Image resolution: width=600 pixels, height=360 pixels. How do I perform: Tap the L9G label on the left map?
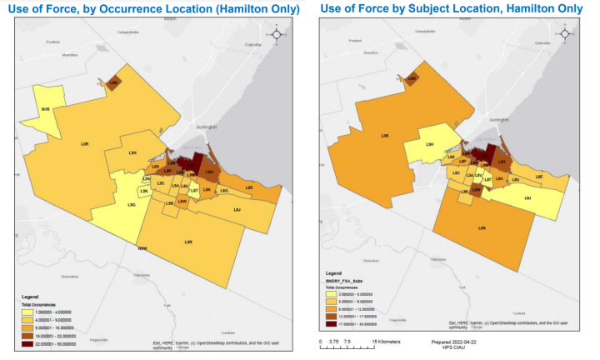coord(132,203)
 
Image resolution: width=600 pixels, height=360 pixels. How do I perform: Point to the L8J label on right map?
coord(527,197)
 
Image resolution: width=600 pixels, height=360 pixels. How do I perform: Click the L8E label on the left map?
coord(248,187)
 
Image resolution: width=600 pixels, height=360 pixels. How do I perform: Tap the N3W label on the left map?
coord(142,247)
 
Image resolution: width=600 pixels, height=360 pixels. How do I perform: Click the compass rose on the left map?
coord(284,34)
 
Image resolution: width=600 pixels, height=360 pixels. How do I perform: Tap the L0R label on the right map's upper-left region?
coord(384,136)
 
